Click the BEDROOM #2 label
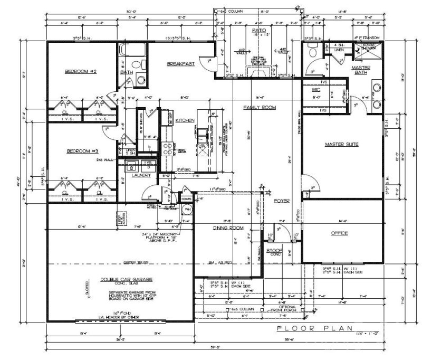pos(80,71)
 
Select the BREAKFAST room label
pos(181,63)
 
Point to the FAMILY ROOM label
pos(260,107)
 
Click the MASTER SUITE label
pos(342,144)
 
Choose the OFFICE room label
pos(341,233)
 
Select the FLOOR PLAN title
pos(312,328)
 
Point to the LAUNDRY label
pos(141,175)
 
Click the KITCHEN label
pos(182,120)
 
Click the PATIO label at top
pos(258,31)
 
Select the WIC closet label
pos(316,90)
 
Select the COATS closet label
pos(186,198)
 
